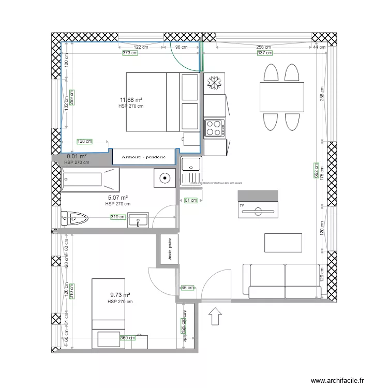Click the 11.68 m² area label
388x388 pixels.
pos(131,99)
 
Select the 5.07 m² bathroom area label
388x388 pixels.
pos(118,197)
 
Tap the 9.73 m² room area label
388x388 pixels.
pos(120,295)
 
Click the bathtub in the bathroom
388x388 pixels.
pos(91,180)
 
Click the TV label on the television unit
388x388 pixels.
pos(241,205)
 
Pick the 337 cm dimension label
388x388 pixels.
pos(264,53)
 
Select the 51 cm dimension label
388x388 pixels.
pos(190,200)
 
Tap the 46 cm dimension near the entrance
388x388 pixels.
pos(187,288)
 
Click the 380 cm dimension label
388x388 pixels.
pos(128,338)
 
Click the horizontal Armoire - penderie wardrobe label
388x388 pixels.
pos(143,157)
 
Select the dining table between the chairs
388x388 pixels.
pos(281,97)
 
